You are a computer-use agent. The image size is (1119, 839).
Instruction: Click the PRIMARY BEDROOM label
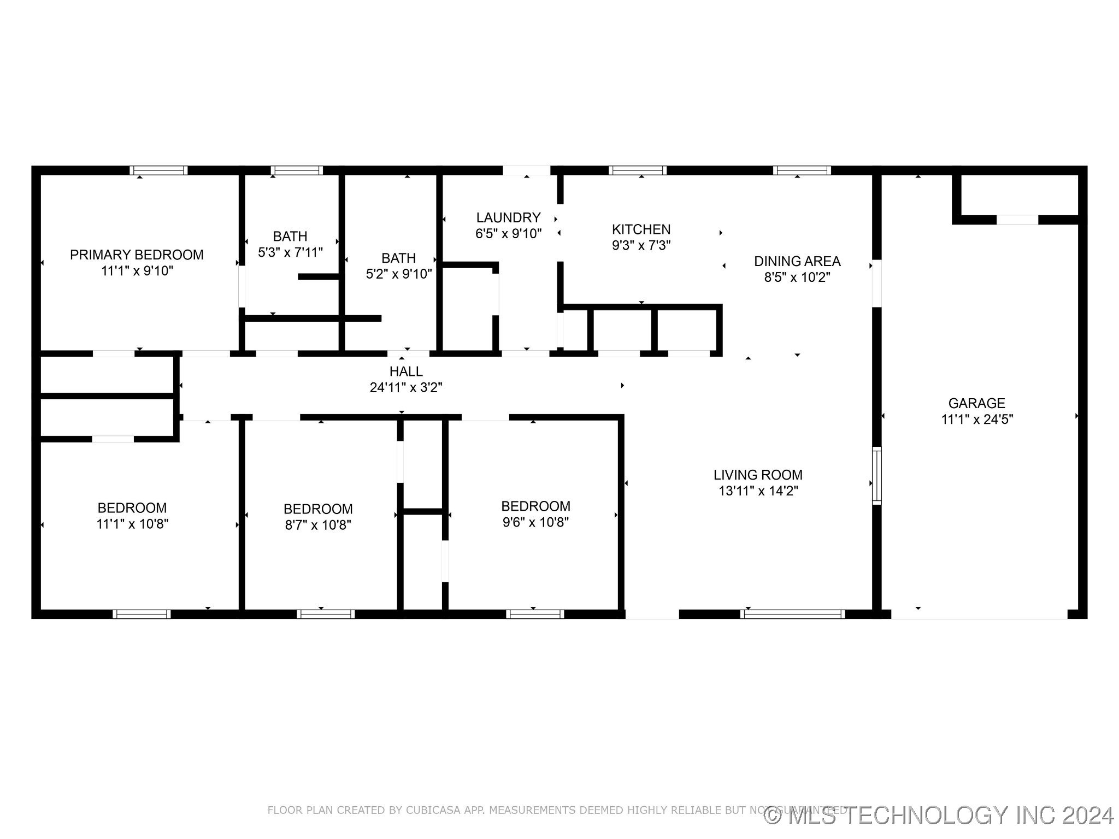coord(137,255)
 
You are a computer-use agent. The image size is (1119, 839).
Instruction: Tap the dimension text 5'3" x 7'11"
coord(290,252)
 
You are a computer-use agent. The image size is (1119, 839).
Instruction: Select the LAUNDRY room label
coord(508,217)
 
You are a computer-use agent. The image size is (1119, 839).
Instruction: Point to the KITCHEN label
coord(641,229)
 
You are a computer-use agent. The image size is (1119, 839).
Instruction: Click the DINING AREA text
coord(797,261)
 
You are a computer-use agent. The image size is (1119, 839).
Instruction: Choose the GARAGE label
coord(976,403)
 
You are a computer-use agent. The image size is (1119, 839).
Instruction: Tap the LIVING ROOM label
coord(758,475)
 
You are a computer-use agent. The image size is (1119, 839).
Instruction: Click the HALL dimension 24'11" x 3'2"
coord(405,388)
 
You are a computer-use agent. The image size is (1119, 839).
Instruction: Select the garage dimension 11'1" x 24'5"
coord(976,419)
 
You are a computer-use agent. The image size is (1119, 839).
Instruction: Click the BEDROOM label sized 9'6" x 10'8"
coord(535,506)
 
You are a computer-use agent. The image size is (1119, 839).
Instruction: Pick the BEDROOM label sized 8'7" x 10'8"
coord(318,509)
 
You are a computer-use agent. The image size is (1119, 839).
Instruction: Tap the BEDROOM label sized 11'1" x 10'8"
coord(132,508)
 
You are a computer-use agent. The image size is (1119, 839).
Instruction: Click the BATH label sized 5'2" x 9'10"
coord(398,258)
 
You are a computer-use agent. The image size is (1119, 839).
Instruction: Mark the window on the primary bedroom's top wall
coord(158,170)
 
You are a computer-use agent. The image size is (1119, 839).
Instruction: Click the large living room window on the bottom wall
coord(792,614)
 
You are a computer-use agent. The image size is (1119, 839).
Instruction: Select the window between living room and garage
coord(876,475)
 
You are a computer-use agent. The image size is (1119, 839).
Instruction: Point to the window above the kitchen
coord(638,170)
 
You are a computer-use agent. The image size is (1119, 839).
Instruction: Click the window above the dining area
coord(802,170)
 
